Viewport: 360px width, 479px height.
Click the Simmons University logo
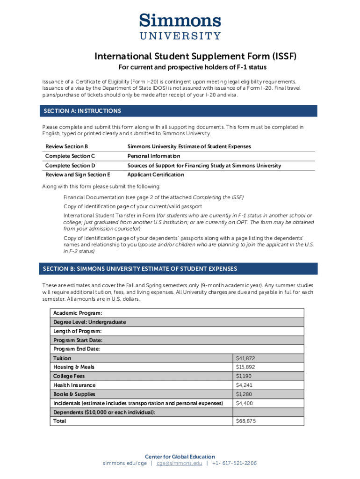180,27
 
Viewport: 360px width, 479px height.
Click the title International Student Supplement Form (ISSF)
195,57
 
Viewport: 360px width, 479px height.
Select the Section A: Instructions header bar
180,111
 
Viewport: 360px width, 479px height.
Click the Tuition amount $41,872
245,358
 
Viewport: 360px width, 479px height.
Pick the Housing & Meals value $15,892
245,367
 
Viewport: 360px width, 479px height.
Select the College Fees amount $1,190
244,376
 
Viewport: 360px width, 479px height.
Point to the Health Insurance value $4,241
244,385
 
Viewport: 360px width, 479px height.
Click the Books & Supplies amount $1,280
244,394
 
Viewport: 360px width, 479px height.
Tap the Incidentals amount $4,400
244,403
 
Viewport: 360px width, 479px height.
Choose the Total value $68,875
245,421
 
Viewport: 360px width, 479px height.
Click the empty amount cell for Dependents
268,412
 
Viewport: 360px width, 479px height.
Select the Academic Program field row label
78,313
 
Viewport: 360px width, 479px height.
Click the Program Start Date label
78,340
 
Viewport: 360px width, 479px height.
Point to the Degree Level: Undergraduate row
89,322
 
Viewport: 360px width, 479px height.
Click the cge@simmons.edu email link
179,464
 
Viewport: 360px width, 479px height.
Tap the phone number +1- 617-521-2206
234,464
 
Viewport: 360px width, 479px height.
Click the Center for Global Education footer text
180,457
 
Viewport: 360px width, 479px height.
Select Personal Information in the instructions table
153,156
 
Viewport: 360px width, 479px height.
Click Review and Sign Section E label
78,174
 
